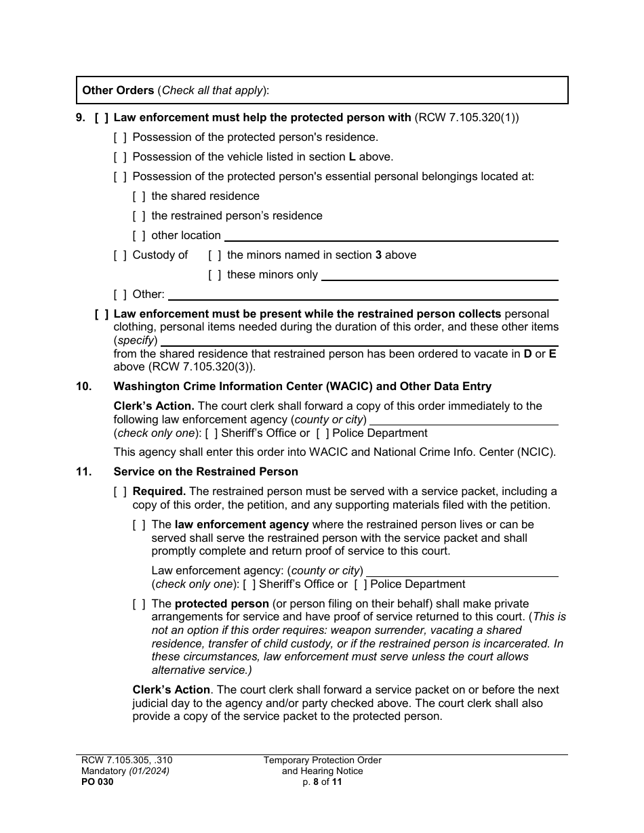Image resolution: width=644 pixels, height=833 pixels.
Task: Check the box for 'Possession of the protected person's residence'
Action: tap(120, 137)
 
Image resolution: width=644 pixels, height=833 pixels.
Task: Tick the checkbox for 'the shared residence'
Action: tap(139, 196)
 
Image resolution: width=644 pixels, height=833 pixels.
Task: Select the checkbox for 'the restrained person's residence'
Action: tap(139, 216)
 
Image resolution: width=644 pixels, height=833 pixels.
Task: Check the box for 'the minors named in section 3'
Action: tap(215, 255)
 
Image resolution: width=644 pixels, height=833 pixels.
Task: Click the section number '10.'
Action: tap(83, 387)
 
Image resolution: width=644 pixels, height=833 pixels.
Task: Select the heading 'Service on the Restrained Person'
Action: tap(205, 472)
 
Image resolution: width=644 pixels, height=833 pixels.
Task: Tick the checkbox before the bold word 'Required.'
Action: tap(120, 492)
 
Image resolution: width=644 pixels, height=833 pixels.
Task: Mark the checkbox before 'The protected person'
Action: tap(139, 604)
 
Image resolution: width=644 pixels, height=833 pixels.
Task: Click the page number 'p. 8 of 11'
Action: tap(322, 782)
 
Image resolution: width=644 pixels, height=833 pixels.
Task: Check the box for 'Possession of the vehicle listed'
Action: tap(120, 157)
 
